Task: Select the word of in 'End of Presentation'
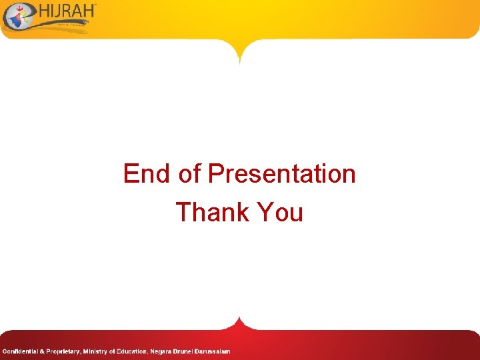(x=189, y=174)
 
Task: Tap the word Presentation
(x=282, y=174)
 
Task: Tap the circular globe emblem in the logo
(x=16, y=16)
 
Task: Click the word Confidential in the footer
(x=21, y=351)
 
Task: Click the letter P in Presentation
(x=215, y=174)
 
